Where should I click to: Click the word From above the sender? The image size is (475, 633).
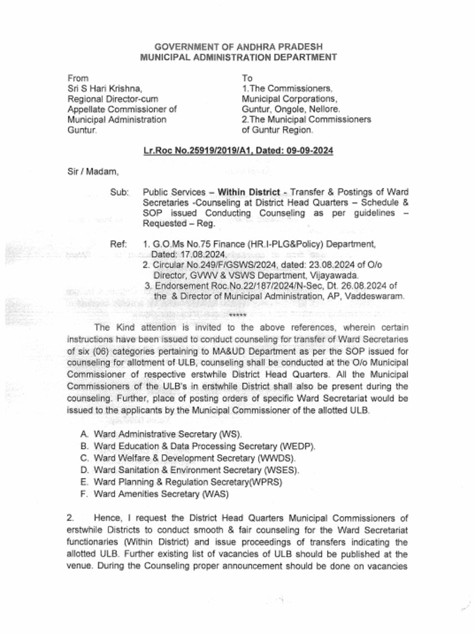point(78,79)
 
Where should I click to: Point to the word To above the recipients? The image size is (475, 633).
point(247,79)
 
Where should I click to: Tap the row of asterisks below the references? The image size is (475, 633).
point(237,316)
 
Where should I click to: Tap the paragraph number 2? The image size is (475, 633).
point(70,517)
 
